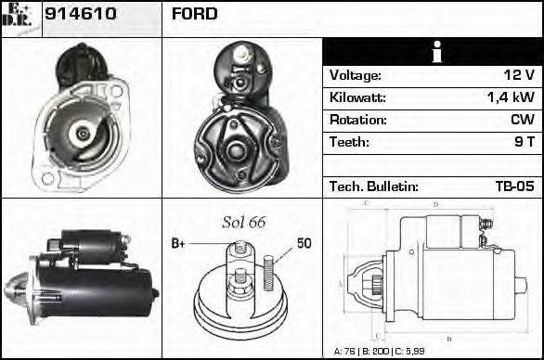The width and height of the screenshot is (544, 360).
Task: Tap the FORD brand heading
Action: point(195,14)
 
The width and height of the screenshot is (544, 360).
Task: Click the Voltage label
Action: point(355,76)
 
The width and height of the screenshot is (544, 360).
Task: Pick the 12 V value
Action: point(520,76)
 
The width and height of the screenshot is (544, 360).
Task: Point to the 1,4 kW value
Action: point(511,98)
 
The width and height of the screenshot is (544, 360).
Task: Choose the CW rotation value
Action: point(522,121)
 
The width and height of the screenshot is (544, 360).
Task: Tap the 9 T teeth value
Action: point(525,143)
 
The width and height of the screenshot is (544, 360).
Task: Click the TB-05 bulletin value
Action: point(514,186)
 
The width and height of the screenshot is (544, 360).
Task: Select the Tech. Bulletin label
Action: point(373,186)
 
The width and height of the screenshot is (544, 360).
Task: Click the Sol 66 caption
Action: point(243,222)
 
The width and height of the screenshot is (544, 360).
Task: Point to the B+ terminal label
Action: point(179,244)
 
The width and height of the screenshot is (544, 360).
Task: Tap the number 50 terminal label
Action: point(304,244)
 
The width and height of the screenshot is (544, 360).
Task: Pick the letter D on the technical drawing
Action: point(435,205)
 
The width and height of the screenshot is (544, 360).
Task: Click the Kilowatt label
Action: point(357,98)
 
